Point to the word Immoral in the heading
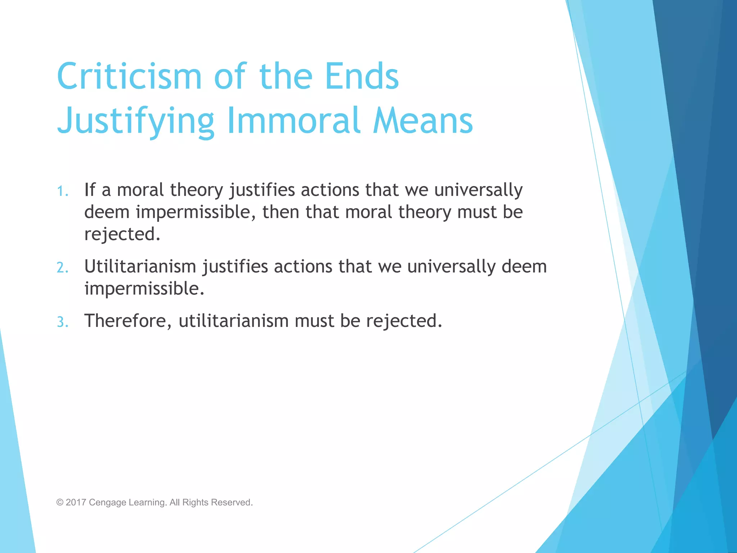[294, 120]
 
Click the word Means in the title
[423, 120]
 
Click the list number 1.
[62, 191]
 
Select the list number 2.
[62, 268]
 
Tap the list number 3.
[62, 322]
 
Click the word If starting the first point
[90, 190]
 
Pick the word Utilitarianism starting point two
[140, 267]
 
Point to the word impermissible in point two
[144, 289]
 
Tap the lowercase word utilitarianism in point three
[234, 321]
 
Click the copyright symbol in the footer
[60, 503]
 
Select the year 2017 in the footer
[76, 503]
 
